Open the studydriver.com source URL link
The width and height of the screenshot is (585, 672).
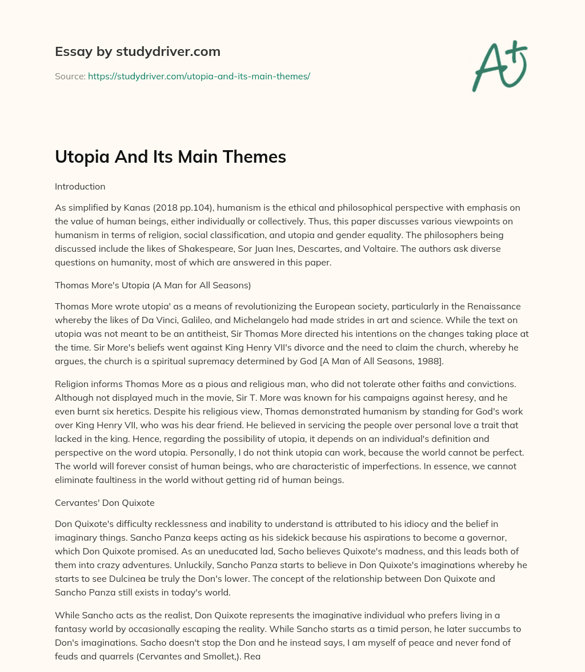pos(199,76)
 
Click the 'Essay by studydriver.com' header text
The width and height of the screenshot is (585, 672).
pos(137,51)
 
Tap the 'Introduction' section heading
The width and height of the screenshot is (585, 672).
pos(80,186)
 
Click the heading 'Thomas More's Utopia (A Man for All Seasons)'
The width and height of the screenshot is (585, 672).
pos(153,285)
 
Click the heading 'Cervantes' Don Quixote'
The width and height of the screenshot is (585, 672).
pos(105,502)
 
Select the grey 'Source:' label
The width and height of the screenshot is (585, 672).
pos(70,76)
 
